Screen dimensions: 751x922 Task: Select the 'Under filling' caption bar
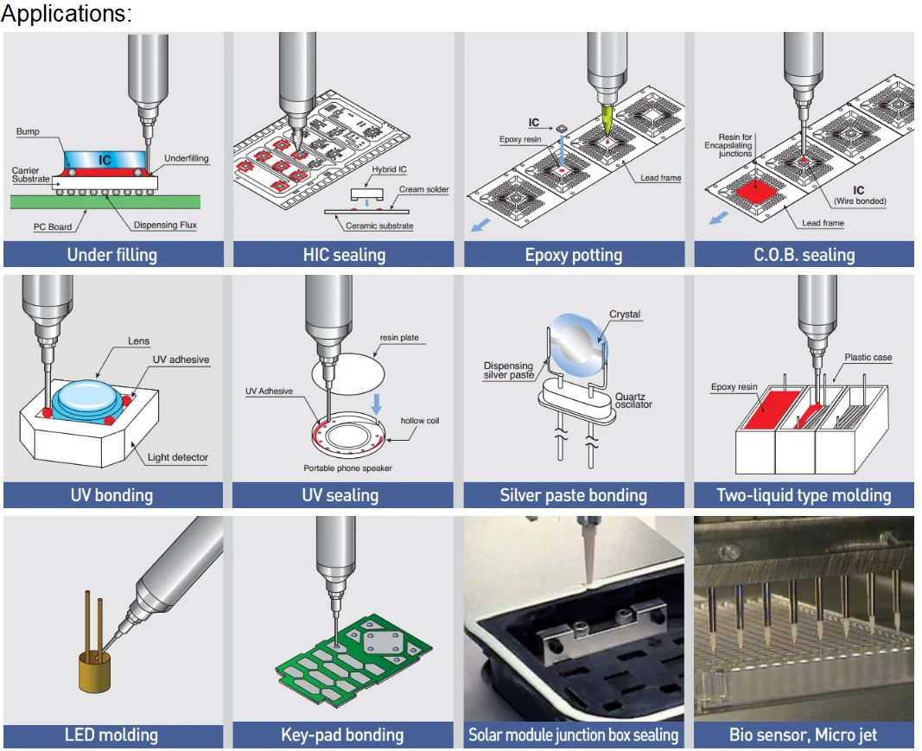click(112, 255)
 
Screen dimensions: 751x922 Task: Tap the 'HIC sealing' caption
click(344, 255)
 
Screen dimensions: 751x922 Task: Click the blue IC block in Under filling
click(105, 161)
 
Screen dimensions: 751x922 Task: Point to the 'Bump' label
click(28, 132)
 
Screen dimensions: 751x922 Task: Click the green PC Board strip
click(104, 201)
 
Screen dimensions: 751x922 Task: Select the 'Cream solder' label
click(423, 189)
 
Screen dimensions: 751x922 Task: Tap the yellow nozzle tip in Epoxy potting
click(607, 116)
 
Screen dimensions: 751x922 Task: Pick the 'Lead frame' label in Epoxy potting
click(661, 178)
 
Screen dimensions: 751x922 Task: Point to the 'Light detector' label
click(177, 457)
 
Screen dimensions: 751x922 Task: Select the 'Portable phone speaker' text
click(344, 468)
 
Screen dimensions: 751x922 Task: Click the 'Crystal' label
click(625, 315)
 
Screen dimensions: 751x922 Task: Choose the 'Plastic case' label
click(868, 358)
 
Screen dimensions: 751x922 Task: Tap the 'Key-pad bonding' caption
click(342, 735)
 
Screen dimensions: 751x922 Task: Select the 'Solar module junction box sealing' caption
click(573, 735)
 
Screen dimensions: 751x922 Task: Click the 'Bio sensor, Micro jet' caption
click(803, 735)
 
